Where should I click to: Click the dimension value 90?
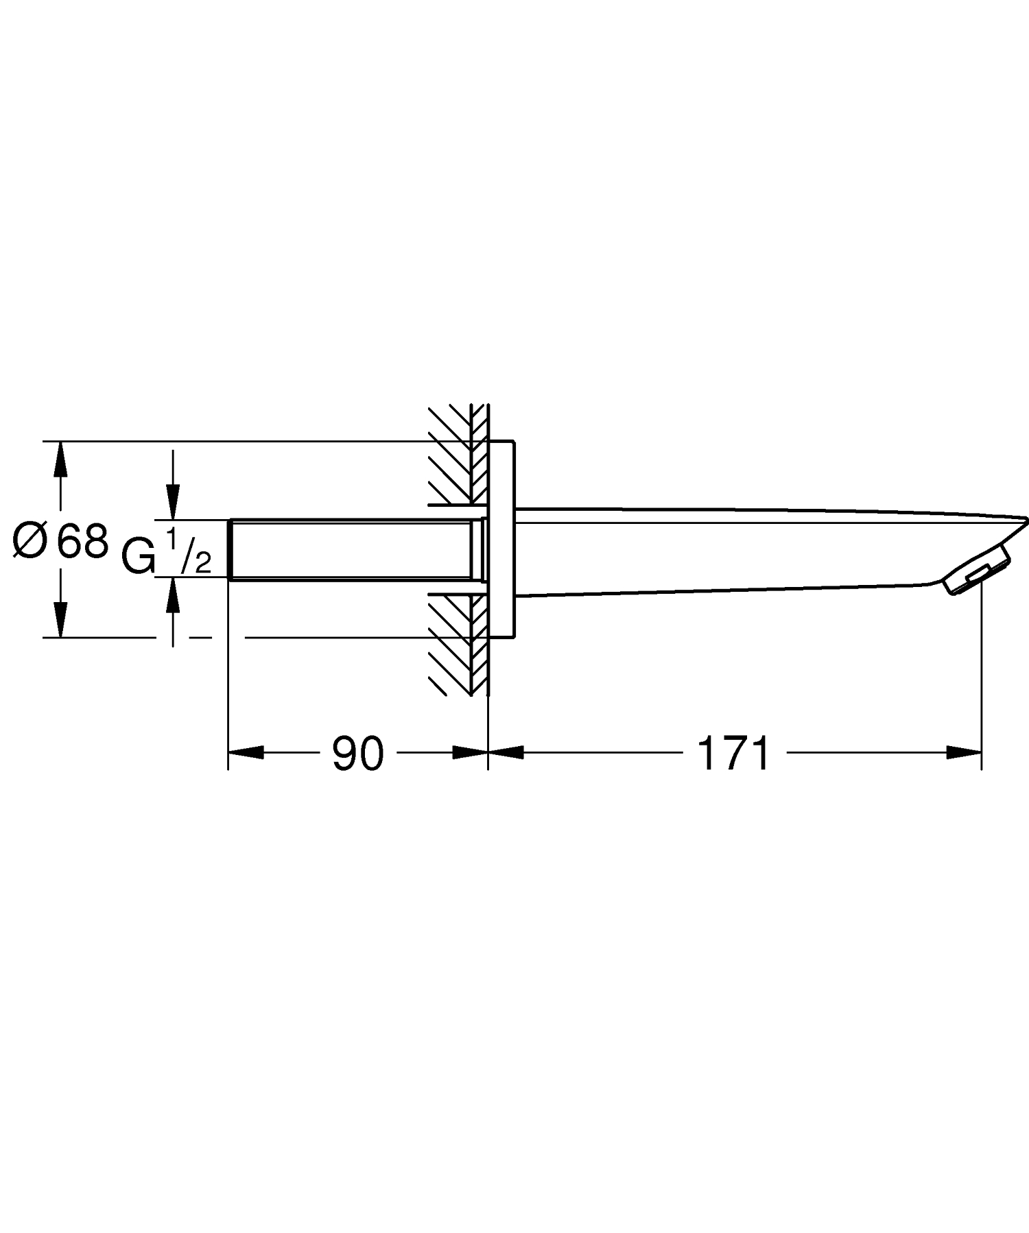click(357, 754)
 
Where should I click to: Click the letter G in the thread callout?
click(139, 555)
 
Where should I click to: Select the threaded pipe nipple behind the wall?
click(350, 549)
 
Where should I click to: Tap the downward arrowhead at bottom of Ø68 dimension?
click(61, 621)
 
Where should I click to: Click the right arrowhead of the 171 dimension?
click(964, 752)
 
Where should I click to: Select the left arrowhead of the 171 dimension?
click(506, 752)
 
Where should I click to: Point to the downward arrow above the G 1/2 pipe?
click(173, 501)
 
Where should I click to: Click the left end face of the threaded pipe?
click(228, 549)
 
